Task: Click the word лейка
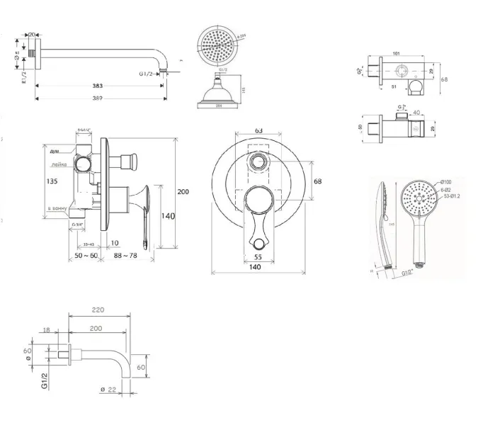[59, 164]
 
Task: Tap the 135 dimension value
[51, 181]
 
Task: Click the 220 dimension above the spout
[98, 310]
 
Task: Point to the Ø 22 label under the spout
[108, 389]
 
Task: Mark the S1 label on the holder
[394, 86]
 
